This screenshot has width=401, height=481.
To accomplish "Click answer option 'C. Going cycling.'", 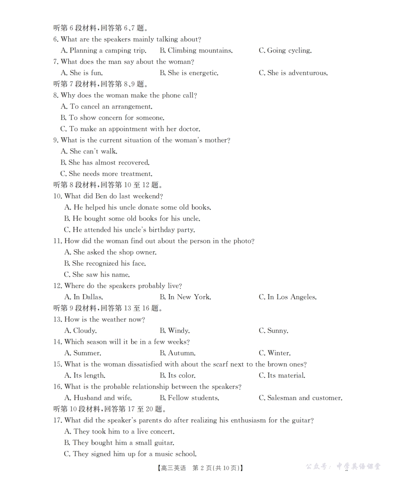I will [x=285, y=51].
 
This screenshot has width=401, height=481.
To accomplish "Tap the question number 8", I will [x=55, y=96].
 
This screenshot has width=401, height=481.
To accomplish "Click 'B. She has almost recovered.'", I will [x=105, y=163].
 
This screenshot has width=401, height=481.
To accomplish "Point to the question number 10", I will [x=57, y=196].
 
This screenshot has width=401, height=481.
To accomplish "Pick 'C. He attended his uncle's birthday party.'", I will [x=129, y=230].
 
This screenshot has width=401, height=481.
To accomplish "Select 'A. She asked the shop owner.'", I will [x=110, y=252].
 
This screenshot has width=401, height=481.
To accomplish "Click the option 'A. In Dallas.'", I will [x=84, y=297].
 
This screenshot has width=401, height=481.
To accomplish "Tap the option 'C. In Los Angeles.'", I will [x=287, y=297].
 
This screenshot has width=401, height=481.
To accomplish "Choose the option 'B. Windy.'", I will [x=174, y=331].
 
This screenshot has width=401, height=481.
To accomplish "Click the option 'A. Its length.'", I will [x=84, y=376].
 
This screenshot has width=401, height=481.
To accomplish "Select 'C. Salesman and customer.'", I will [x=300, y=398].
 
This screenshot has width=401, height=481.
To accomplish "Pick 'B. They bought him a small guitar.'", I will [x=119, y=443].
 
